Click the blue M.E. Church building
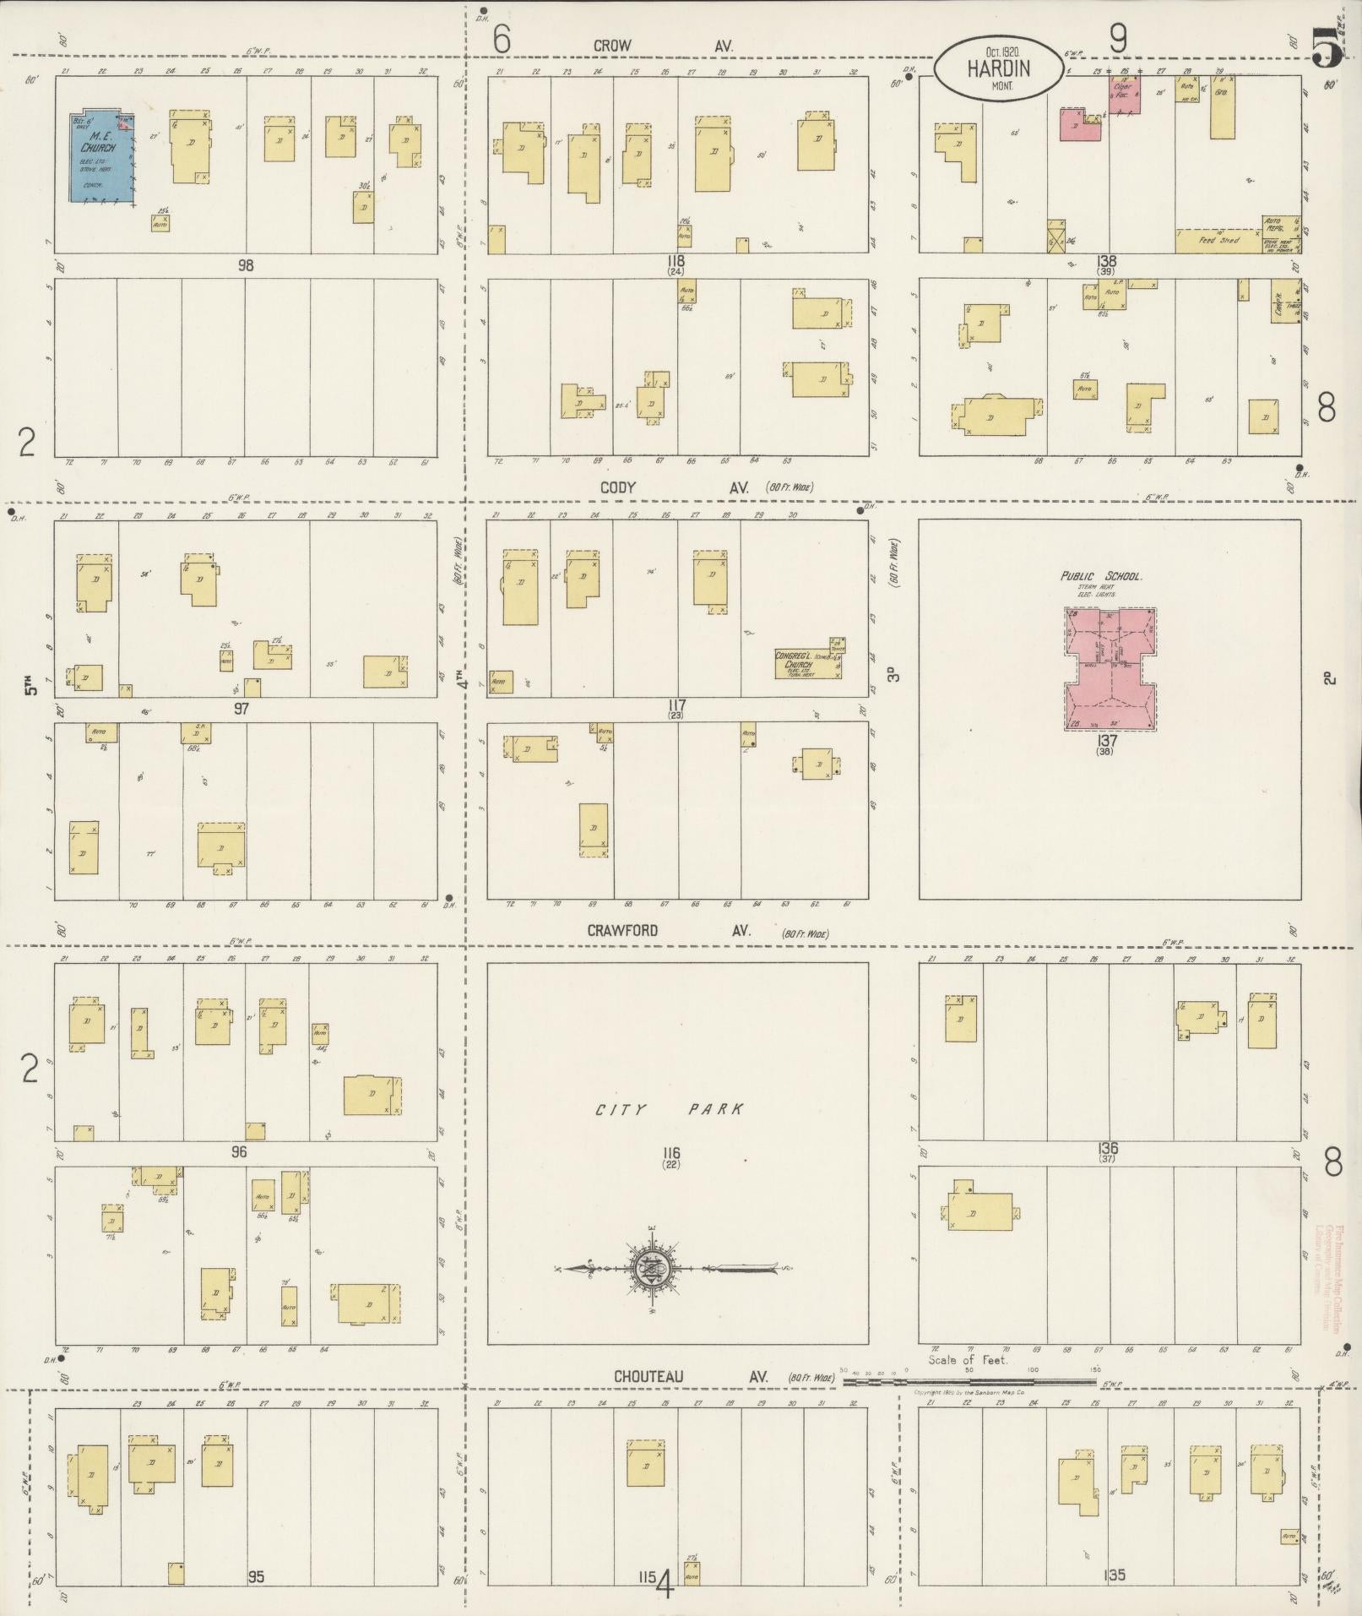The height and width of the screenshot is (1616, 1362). (x=102, y=157)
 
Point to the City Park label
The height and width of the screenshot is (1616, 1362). (x=670, y=1109)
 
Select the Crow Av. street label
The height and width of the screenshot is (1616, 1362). (x=662, y=46)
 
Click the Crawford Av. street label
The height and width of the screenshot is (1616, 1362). (x=667, y=930)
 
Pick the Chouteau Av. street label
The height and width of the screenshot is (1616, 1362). (x=691, y=1376)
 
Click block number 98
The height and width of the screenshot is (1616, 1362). (x=245, y=265)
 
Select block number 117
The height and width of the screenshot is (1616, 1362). (x=676, y=705)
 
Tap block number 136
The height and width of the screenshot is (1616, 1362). (x=1108, y=1148)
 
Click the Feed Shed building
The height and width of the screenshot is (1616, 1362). (x=1218, y=241)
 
